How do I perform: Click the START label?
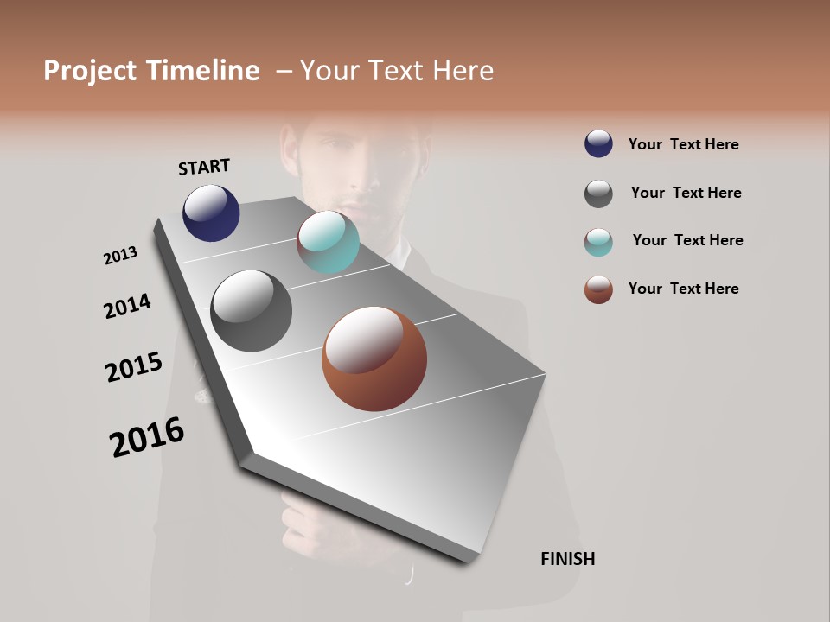tap(204, 167)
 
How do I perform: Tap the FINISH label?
tap(567, 559)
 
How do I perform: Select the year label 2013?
tap(121, 256)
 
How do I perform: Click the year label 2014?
tap(127, 307)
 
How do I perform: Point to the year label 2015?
tap(134, 367)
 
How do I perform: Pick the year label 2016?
tap(147, 437)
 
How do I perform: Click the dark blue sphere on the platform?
tap(211, 213)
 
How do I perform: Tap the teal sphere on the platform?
tap(328, 242)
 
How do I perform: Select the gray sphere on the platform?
tap(252, 311)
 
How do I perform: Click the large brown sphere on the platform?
tap(374, 359)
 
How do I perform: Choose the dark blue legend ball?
tap(598, 143)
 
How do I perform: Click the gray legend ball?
tap(598, 194)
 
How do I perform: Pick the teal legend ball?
tap(598, 242)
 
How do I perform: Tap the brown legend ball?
tap(598, 289)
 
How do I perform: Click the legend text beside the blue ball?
tap(683, 144)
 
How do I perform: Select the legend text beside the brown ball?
tap(683, 289)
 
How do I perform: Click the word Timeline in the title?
tap(202, 71)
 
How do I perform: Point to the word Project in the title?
tap(90, 71)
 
